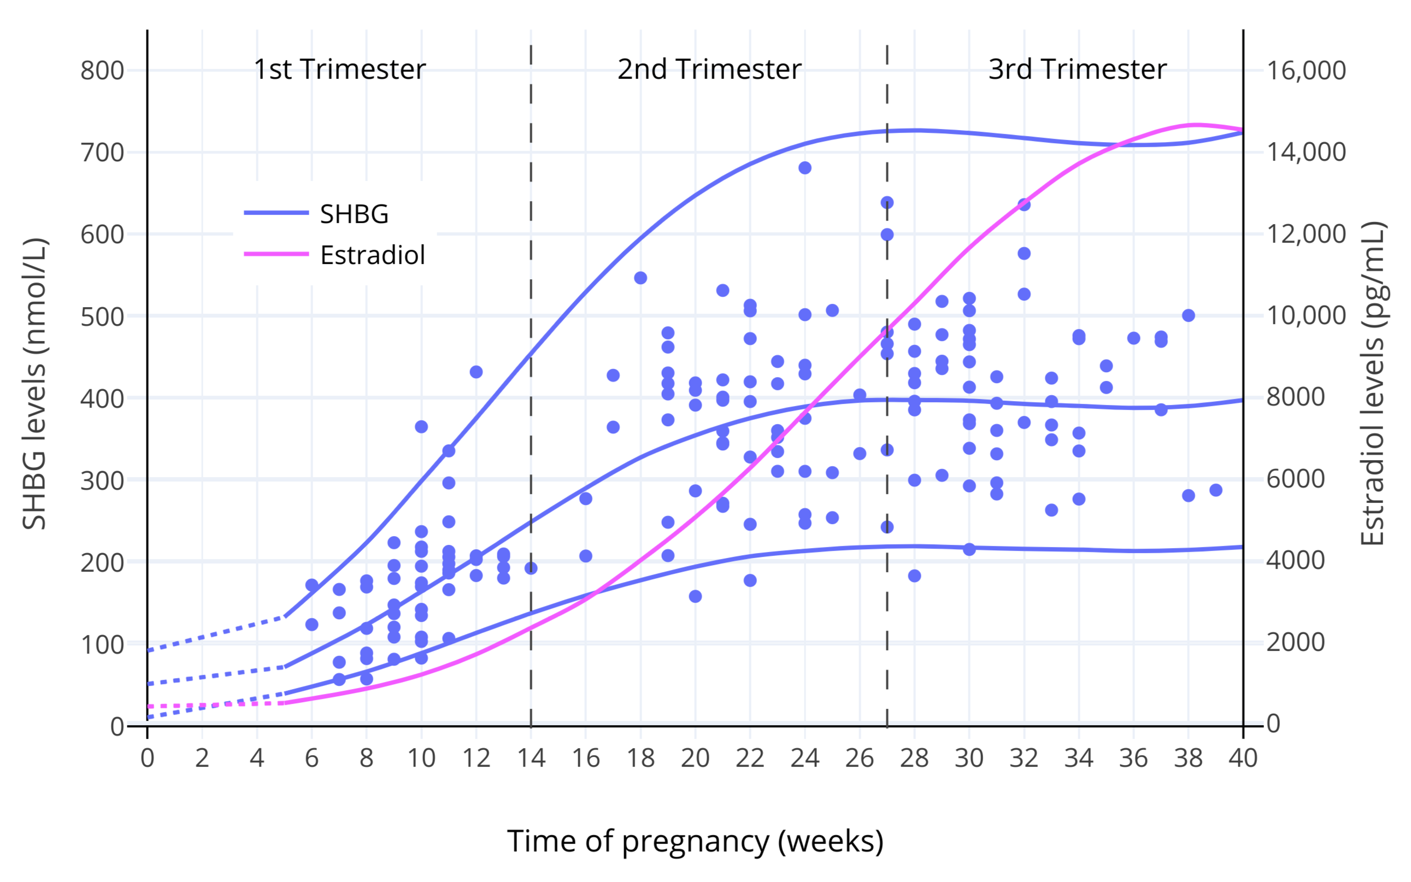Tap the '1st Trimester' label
tap(339, 69)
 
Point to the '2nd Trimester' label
tap(709, 69)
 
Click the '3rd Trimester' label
tap(1077, 69)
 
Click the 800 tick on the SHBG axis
tap(102, 70)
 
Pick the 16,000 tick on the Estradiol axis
tap(1306, 70)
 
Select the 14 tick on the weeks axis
tap(531, 758)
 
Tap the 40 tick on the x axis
tap(1243, 758)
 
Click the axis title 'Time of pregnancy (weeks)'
tap(695, 841)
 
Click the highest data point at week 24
tap(804, 168)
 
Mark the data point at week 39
tap(1215, 490)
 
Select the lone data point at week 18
tap(640, 278)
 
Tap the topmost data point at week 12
tap(476, 372)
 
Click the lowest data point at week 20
tap(695, 596)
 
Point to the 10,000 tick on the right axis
tap(1306, 315)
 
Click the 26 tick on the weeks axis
tap(859, 758)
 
